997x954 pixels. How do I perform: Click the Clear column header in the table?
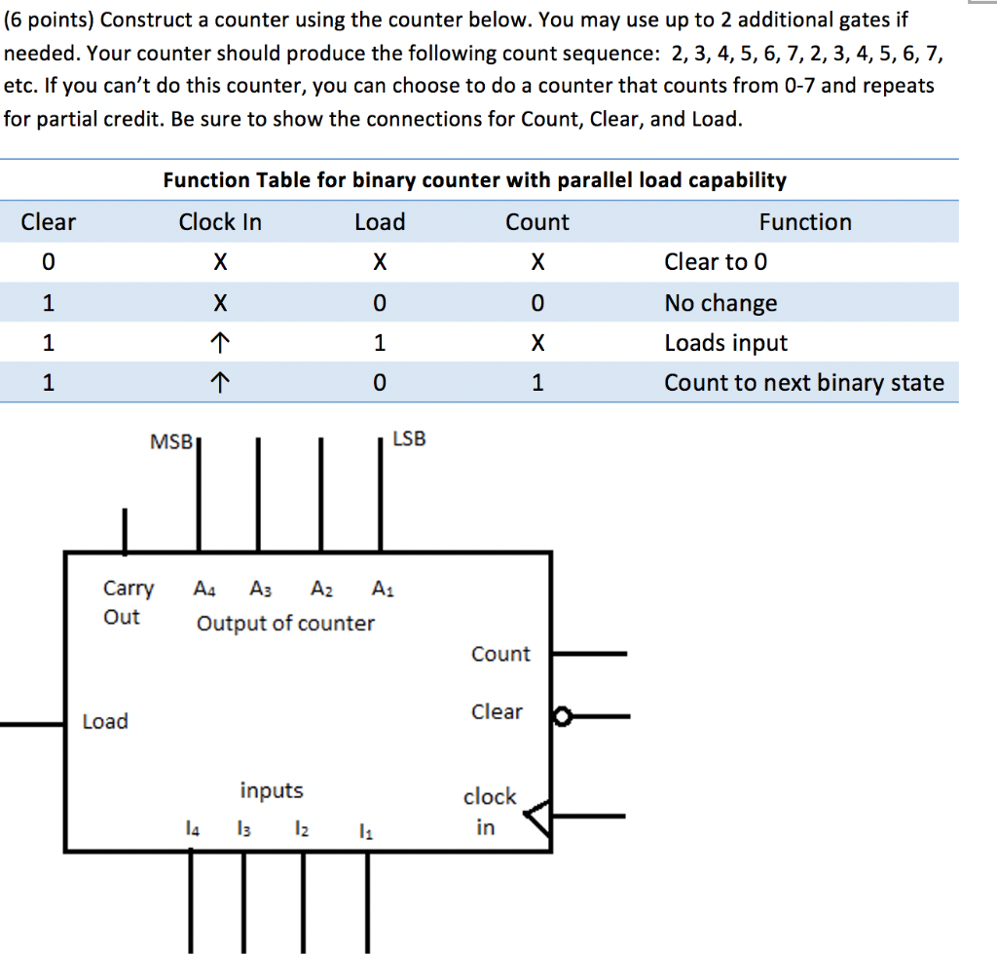(x=48, y=222)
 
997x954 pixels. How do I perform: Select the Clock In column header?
(x=220, y=222)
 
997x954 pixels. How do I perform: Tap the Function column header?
(x=805, y=222)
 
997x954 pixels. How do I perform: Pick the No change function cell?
(x=720, y=303)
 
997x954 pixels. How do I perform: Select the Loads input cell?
(x=725, y=343)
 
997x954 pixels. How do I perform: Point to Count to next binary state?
(x=804, y=383)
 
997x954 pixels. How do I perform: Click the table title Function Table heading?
(x=474, y=180)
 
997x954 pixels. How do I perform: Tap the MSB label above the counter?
(x=172, y=441)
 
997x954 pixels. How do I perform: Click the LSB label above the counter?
(x=409, y=439)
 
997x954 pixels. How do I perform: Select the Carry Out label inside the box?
(x=128, y=602)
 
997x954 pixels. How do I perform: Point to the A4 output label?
(x=204, y=589)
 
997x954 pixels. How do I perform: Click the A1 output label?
(x=383, y=589)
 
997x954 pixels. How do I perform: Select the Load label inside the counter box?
(x=105, y=721)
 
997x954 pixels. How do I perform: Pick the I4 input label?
(x=193, y=829)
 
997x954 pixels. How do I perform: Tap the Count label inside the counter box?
(x=500, y=654)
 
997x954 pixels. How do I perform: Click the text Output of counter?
(x=285, y=623)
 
